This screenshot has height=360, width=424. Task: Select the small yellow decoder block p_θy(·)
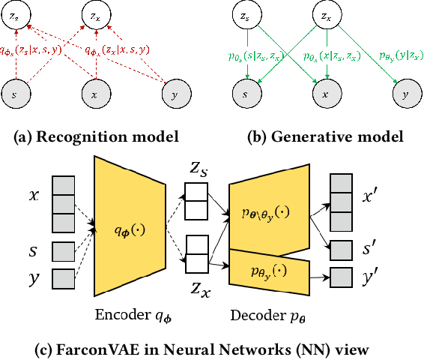(267, 274)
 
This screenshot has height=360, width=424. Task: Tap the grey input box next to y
(62, 277)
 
